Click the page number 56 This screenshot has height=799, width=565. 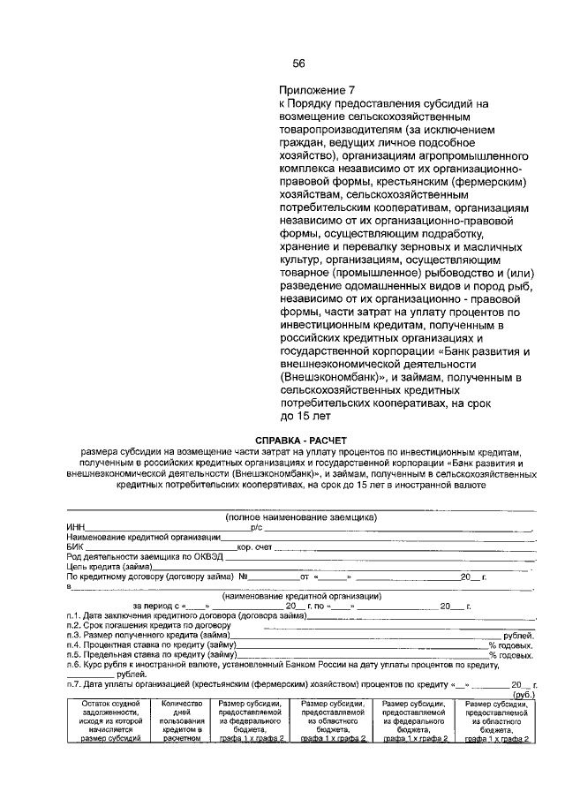point(298,63)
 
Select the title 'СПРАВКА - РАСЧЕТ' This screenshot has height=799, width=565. point(301,440)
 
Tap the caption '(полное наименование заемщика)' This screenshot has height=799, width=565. point(301,517)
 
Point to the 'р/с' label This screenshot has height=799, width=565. point(257,527)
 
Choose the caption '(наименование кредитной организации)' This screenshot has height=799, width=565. point(301,596)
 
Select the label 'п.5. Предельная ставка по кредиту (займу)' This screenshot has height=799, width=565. point(150,655)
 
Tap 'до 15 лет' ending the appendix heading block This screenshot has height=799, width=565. point(305,414)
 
